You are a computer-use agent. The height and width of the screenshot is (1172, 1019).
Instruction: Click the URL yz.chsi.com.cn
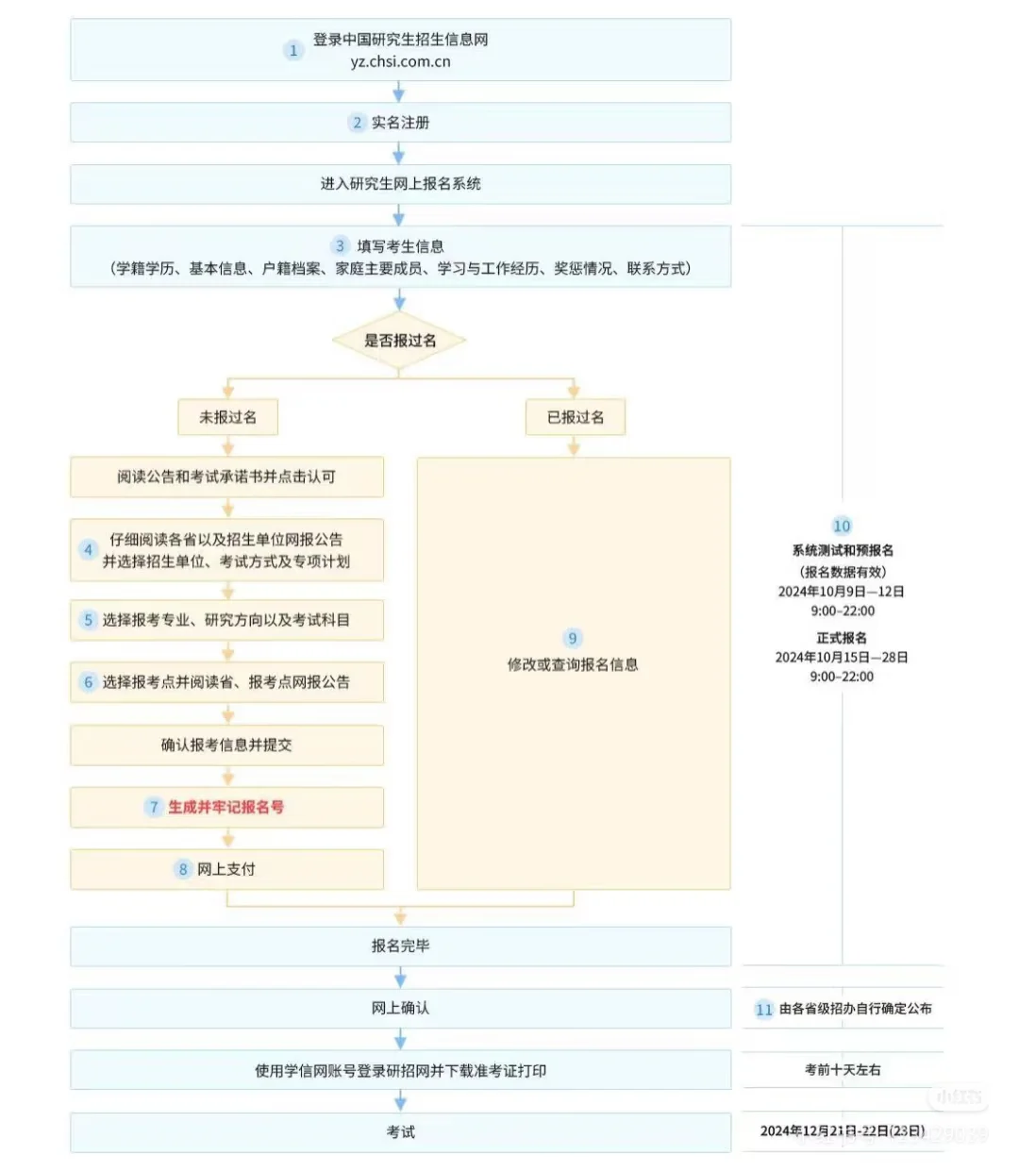(400, 62)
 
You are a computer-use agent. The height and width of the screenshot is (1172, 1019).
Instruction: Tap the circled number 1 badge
(292, 51)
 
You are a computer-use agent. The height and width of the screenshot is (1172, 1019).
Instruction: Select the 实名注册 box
(400, 123)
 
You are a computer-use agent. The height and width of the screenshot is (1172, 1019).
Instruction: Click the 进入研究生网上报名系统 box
(400, 184)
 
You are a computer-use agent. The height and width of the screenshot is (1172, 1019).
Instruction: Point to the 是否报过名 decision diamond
(399, 341)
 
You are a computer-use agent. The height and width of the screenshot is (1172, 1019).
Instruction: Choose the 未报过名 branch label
(227, 417)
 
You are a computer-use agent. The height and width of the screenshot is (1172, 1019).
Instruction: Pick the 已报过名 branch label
(575, 417)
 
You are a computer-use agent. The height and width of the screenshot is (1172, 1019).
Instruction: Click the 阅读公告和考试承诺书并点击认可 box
(226, 477)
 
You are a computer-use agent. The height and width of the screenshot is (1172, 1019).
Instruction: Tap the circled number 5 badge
(88, 620)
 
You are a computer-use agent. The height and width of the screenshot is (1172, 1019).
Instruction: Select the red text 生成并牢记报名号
(226, 808)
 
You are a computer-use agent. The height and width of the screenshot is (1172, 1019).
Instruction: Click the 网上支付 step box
(226, 869)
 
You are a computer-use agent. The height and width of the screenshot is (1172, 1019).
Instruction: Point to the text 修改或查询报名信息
(573, 665)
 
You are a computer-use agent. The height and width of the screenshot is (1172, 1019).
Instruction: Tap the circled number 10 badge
(842, 527)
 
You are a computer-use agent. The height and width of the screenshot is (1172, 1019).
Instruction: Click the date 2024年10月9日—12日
(842, 592)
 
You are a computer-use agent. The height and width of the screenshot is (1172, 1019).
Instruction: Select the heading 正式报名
(842, 638)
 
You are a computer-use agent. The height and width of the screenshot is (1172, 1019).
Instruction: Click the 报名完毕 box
(400, 946)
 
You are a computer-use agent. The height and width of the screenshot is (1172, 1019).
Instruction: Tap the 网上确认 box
(400, 1008)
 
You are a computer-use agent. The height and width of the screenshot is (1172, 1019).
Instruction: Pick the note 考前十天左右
(842, 1070)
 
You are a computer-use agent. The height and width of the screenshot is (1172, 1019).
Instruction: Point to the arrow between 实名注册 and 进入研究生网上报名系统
(399, 154)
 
